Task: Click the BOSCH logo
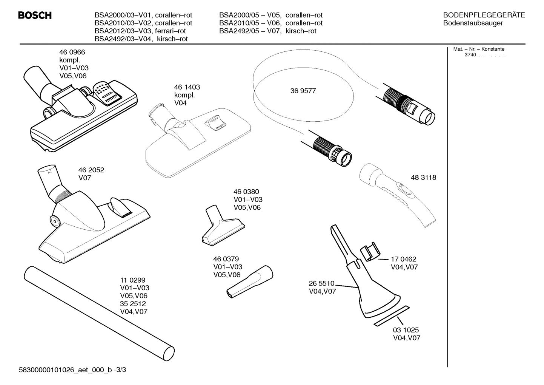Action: [x=35, y=15]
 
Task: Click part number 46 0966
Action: [x=72, y=53]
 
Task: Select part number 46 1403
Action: [x=187, y=87]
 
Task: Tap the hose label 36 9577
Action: [x=303, y=91]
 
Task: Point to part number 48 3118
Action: [x=423, y=177]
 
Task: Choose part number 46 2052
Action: [x=91, y=170]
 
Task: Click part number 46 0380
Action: [x=246, y=192]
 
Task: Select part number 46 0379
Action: [x=226, y=259]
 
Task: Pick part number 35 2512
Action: [x=133, y=304]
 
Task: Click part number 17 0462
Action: [x=403, y=259]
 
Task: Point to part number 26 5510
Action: [x=321, y=283]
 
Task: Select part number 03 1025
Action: [x=406, y=330]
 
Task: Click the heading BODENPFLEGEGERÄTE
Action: [x=484, y=15]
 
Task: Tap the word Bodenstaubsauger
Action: [x=473, y=23]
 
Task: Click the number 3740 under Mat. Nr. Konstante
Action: [x=470, y=55]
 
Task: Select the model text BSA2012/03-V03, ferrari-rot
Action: [x=140, y=31]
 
